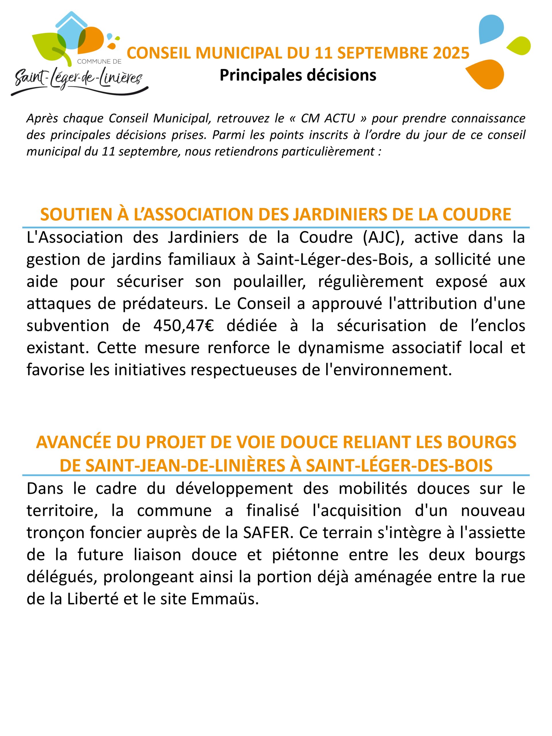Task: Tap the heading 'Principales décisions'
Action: [298, 75]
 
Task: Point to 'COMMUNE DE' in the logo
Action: [99, 62]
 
